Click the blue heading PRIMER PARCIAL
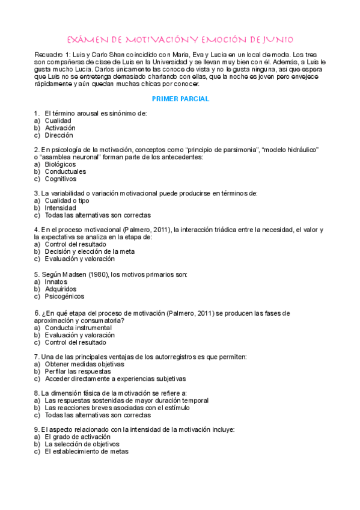click(x=180, y=98)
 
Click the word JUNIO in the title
click(x=275, y=40)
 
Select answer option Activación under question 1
click(x=60, y=128)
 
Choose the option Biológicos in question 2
click(x=60, y=164)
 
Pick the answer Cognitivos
click(x=61, y=179)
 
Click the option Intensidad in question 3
click(x=60, y=207)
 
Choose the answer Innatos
click(x=56, y=281)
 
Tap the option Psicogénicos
click(x=64, y=296)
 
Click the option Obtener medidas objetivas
click(x=84, y=364)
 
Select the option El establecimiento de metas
click(x=87, y=451)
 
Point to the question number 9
click(x=37, y=429)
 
